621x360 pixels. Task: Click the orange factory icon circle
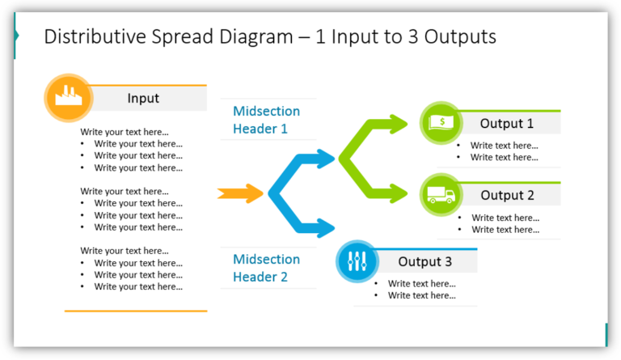pyautogui.click(x=67, y=99)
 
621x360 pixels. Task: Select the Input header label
pyautogui.click(x=143, y=99)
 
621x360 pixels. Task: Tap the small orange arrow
pyautogui.click(x=240, y=193)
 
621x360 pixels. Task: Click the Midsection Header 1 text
pyautogui.click(x=266, y=120)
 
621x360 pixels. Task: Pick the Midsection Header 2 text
pyautogui.click(x=266, y=268)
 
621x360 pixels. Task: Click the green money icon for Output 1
pyautogui.click(x=441, y=124)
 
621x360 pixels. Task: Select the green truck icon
pyautogui.click(x=441, y=195)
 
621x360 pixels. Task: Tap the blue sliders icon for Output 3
pyautogui.click(x=357, y=261)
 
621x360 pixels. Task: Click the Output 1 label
pyautogui.click(x=507, y=124)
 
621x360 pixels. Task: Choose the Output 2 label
pyautogui.click(x=507, y=195)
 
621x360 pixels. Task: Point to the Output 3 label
pyautogui.click(x=425, y=262)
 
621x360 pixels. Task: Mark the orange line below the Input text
pyautogui.click(x=136, y=311)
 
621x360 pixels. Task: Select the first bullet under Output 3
pyautogui.click(x=421, y=284)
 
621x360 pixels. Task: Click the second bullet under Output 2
pyautogui.click(x=505, y=230)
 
